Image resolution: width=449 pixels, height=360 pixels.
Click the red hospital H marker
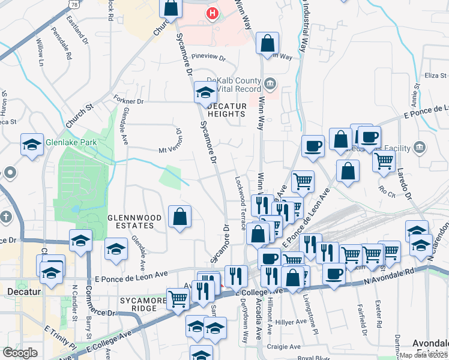211,13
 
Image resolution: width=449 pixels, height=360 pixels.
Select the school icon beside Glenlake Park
32,145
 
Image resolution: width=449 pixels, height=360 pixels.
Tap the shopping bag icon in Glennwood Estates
180,217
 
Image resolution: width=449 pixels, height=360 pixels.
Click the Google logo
20,352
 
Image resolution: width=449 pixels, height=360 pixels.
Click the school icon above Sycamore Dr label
205,93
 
